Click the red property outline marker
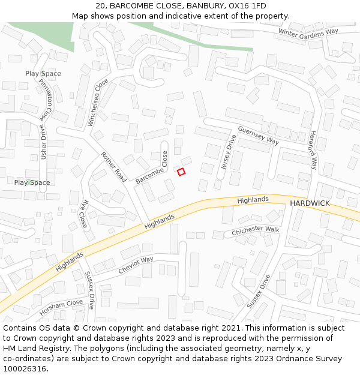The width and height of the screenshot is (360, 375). click(x=181, y=172)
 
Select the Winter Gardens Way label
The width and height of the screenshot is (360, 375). click(x=308, y=32)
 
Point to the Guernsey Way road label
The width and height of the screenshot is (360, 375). click(x=259, y=135)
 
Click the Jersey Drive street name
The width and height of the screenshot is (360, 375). click(x=229, y=152)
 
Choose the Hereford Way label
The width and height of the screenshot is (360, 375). click(x=313, y=150)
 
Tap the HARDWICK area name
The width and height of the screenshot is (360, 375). click(x=310, y=203)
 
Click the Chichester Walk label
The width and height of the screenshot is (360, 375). click(x=256, y=230)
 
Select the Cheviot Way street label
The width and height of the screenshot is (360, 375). click(x=136, y=265)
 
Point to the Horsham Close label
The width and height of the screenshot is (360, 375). click(x=61, y=307)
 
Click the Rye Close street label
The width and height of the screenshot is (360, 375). click(x=84, y=214)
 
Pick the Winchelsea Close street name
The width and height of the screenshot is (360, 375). click(x=98, y=103)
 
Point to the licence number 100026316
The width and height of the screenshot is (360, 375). click(x=25, y=368)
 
